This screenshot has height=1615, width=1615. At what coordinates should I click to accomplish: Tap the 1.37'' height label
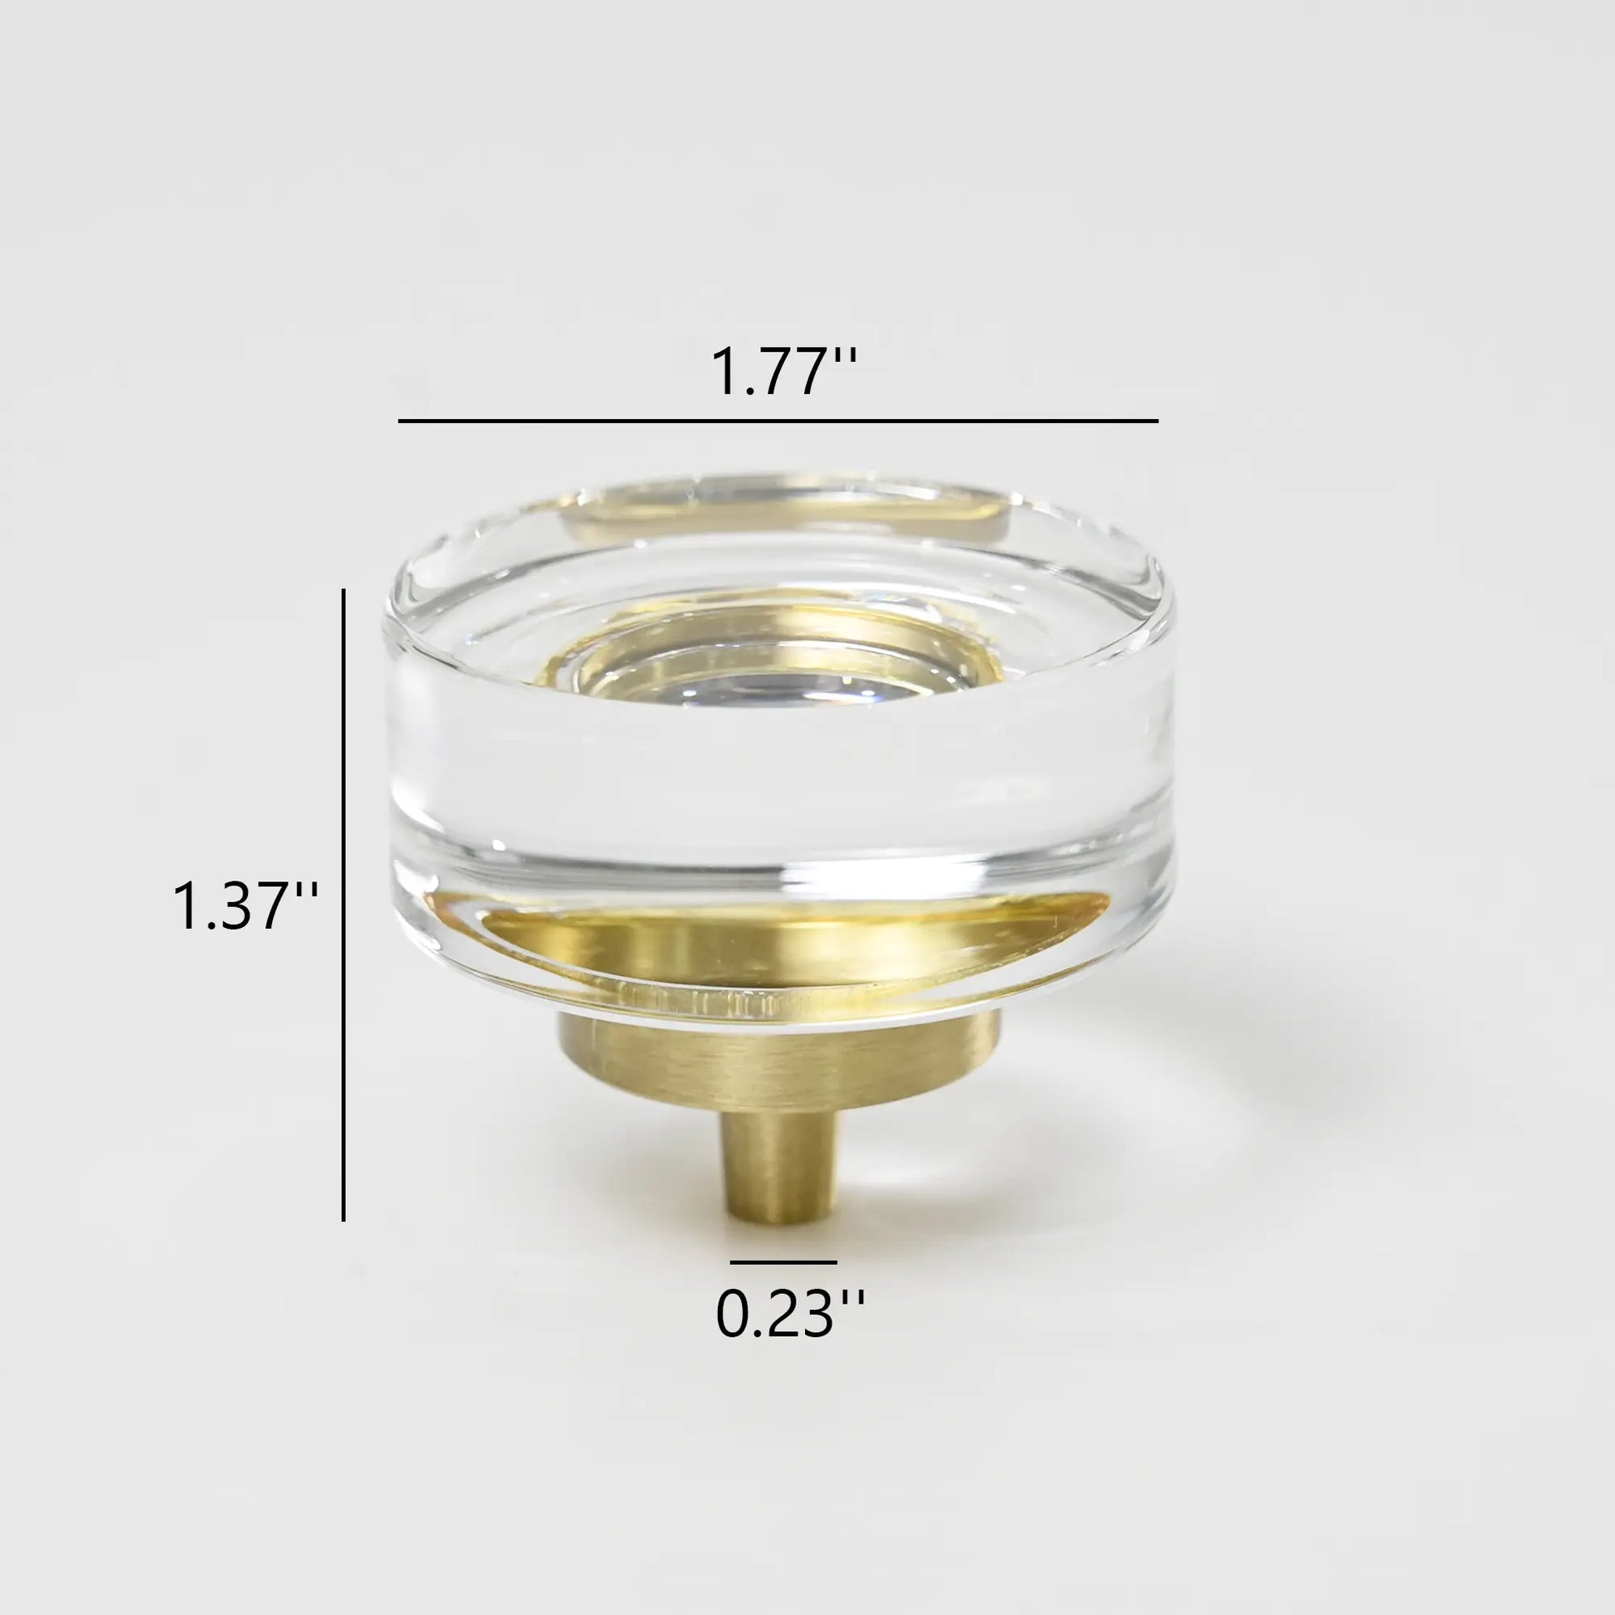pos(244,907)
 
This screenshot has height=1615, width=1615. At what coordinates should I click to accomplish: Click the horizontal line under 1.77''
pos(778,421)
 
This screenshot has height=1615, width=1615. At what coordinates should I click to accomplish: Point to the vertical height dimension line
pos(344,903)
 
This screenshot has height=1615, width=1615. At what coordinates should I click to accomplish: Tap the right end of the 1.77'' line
pos(1156,421)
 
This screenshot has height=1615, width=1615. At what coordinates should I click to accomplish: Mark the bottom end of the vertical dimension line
pos(344,1218)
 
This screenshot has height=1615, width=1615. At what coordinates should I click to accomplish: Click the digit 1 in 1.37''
pos(186,907)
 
